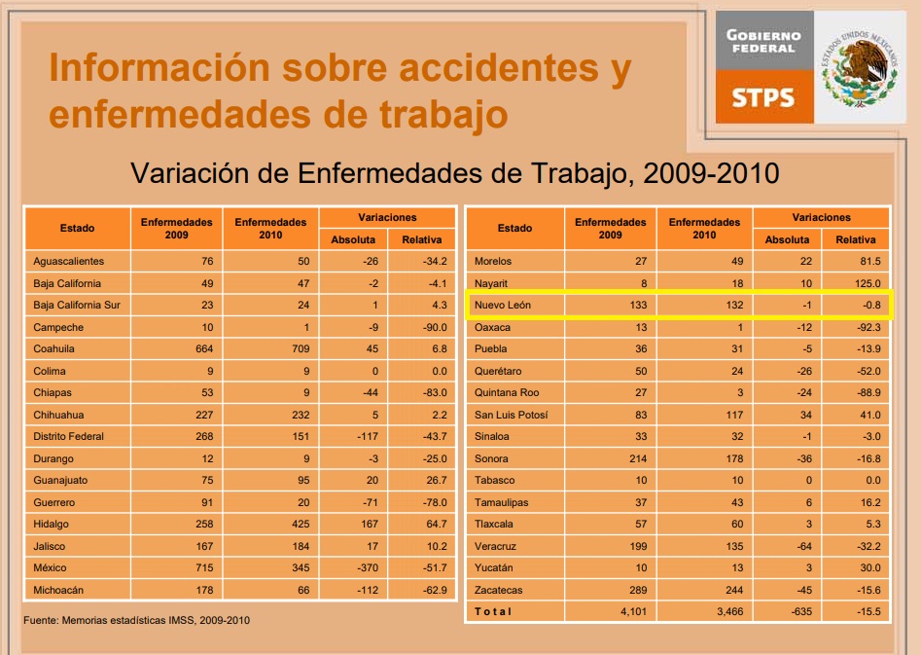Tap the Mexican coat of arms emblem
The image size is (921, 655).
tap(860, 69)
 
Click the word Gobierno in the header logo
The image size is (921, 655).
tap(763, 35)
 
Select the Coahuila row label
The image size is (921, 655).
tap(54, 348)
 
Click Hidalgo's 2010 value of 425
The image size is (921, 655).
tap(301, 524)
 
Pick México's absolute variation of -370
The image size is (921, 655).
tap(367, 568)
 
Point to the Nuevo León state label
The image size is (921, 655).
tap(503, 306)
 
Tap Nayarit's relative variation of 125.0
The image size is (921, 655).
tap(868, 283)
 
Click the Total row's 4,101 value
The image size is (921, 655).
tap(633, 612)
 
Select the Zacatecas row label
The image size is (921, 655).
tap(498, 590)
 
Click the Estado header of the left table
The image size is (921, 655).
tap(77, 228)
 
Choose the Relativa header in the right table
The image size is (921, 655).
tap(856, 239)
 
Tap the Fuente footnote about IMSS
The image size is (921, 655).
tap(137, 620)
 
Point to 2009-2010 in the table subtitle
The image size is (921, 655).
tap(711, 173)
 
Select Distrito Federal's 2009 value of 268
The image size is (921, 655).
tap(204, 436)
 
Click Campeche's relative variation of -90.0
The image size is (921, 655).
tap(435, 327)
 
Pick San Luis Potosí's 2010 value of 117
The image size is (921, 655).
tap(734, 415)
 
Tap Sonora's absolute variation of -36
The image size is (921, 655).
tap(804, 458)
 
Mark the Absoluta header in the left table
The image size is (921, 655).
tap(353, 239)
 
